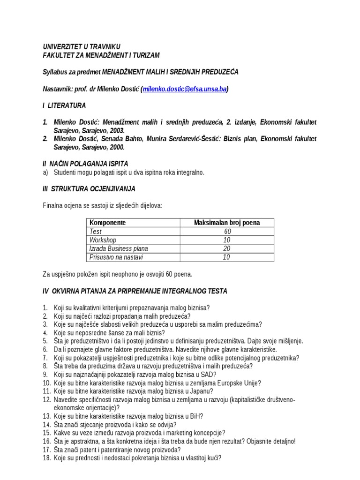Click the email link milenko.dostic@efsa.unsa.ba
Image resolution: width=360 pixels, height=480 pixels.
tap(185, 89)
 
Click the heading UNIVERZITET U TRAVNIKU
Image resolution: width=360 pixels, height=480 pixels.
tap(82, 47)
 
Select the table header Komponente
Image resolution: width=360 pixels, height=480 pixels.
tap(107, 223)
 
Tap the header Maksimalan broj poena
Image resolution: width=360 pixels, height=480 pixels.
tap(227, 223)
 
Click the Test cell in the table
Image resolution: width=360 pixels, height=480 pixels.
tap(96, 232)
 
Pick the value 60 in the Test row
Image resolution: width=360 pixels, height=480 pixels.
tap(227, 232)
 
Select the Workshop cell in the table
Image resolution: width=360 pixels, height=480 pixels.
tap(103, 240)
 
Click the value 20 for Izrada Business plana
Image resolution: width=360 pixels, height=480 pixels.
tap(227, 249)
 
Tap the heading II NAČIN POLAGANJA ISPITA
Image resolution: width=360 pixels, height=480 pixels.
tap(85, 164)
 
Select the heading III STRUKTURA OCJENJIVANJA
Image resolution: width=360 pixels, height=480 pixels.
tap(89, 189)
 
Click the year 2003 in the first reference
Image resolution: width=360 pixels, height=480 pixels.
tap(117, 130)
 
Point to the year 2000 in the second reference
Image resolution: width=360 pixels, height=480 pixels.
tap(117, 147)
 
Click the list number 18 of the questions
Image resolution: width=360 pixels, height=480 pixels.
tap(46, 458)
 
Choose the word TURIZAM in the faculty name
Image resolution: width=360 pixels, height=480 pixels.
tap(146, 55)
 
